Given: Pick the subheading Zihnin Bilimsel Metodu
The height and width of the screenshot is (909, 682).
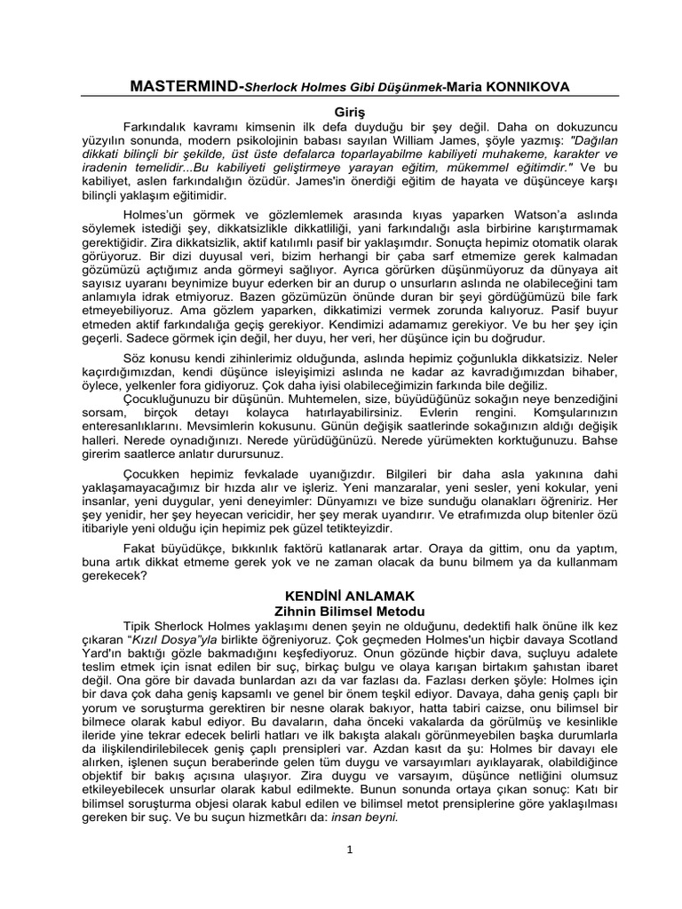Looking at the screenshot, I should point(341,613).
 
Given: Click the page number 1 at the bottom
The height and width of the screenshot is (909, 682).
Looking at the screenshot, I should point(341,851).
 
